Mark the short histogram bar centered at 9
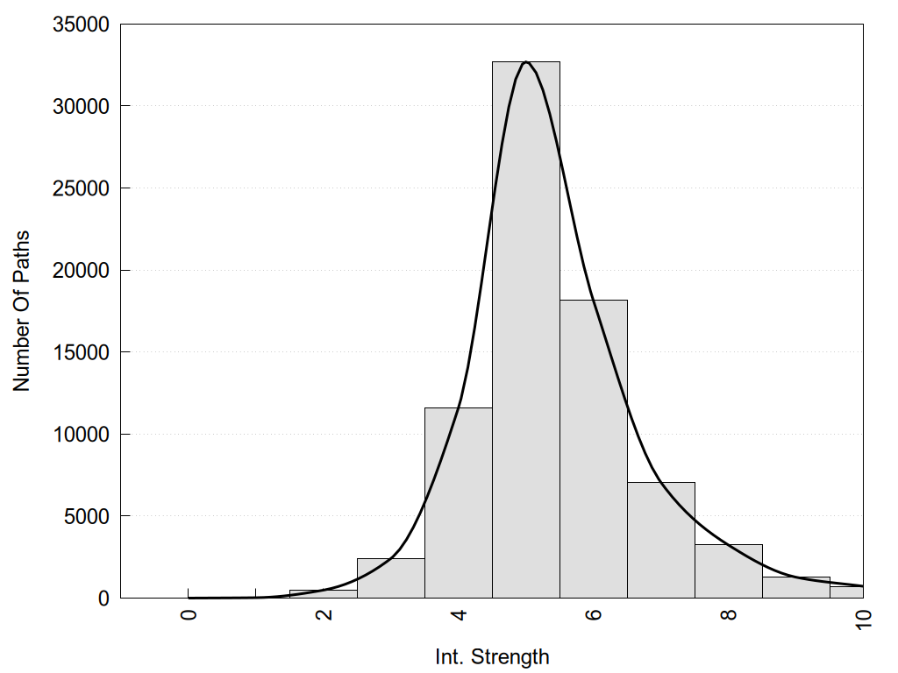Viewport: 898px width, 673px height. (795, 587)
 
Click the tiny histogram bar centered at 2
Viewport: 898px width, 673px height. (323, 594)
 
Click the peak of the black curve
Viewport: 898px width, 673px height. (525, 62)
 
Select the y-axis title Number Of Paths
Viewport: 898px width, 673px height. (22, 311)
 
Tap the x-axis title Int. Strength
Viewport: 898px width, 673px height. (492, 656)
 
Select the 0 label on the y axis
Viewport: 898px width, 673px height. (103, 598)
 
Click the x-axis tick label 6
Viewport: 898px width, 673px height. (594, 613)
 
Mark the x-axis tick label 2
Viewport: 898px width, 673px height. (324, 613)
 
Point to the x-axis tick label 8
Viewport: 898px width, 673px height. (729, 613)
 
